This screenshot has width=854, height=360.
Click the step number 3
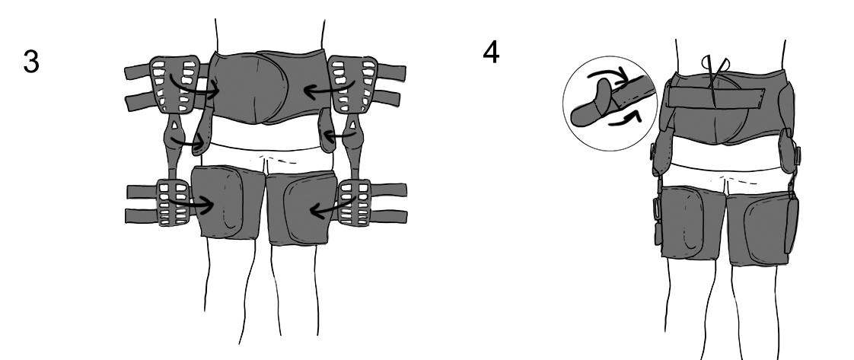click(x=31, y=62)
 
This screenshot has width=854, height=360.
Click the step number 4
click(x=491, y=53)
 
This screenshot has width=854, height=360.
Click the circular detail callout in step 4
click(x=610, y=104)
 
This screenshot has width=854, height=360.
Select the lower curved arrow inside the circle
click(x=625, y=118)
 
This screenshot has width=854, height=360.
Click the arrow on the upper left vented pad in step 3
click(x=193, y=88)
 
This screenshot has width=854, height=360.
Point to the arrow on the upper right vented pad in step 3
click(x=330, y=89)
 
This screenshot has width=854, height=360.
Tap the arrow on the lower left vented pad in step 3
click(x=190, y=204)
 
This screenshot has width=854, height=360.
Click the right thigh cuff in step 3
click(x=302, y=208)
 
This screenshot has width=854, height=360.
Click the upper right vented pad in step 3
click(x=353, y=86)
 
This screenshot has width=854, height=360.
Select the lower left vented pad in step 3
click(x=174, y=202)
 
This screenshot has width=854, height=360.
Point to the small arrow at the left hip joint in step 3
click(x=189, y=142)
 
